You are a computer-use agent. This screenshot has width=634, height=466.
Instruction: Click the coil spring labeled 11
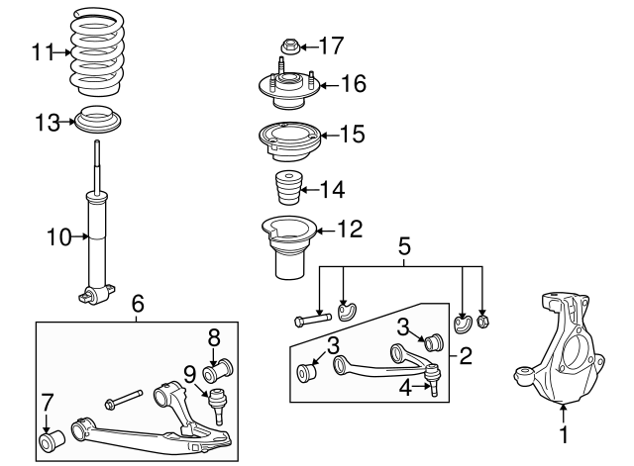pyautogui.click(x=97, y=51)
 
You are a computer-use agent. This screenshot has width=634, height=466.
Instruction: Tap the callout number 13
pyautogui.click(x=48, y=123)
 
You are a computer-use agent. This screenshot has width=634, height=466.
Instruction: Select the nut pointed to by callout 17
pyautogui.click(x=289, y=46)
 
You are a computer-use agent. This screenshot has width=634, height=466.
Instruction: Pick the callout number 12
pyautogui.click(x=350, y=229)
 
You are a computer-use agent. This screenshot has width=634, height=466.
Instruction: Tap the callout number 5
pyautogui.click(x=404, y=246)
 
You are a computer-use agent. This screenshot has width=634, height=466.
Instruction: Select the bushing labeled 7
pyautogui.click(x=53, y=441)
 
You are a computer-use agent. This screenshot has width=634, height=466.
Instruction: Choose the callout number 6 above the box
pyautogui.click(x=138, y=304)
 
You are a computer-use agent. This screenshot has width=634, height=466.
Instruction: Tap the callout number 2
pyautogui.click(x=466, y=356)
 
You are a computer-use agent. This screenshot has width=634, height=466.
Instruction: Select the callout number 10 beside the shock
pyautogui.click(x=59, y=237)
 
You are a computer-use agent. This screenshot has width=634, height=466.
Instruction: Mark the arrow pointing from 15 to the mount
pyautogui.click(x=328, y=136)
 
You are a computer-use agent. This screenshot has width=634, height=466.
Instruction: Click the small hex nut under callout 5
pyautogui.click(x=482, y=322)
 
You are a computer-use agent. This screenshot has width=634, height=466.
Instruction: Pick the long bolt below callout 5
pyautogui.click(x=313, y=320)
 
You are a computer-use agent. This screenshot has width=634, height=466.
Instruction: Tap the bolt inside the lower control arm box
pyautogui.click(x=123, y=398)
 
